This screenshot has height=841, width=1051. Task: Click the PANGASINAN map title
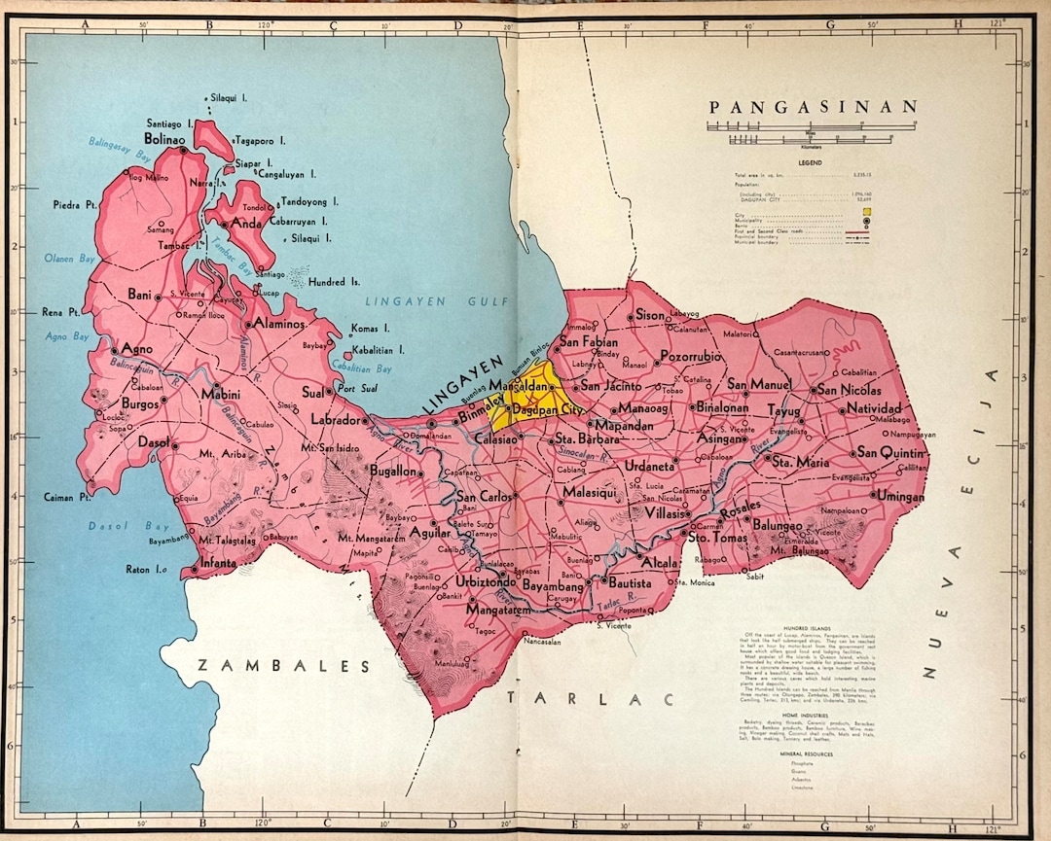[x=814, y=107]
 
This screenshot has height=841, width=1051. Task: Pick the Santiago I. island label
[x=171, y=124]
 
